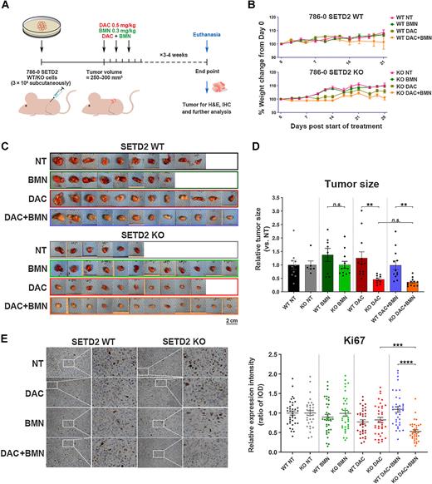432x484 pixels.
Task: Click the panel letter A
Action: point(7,6)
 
